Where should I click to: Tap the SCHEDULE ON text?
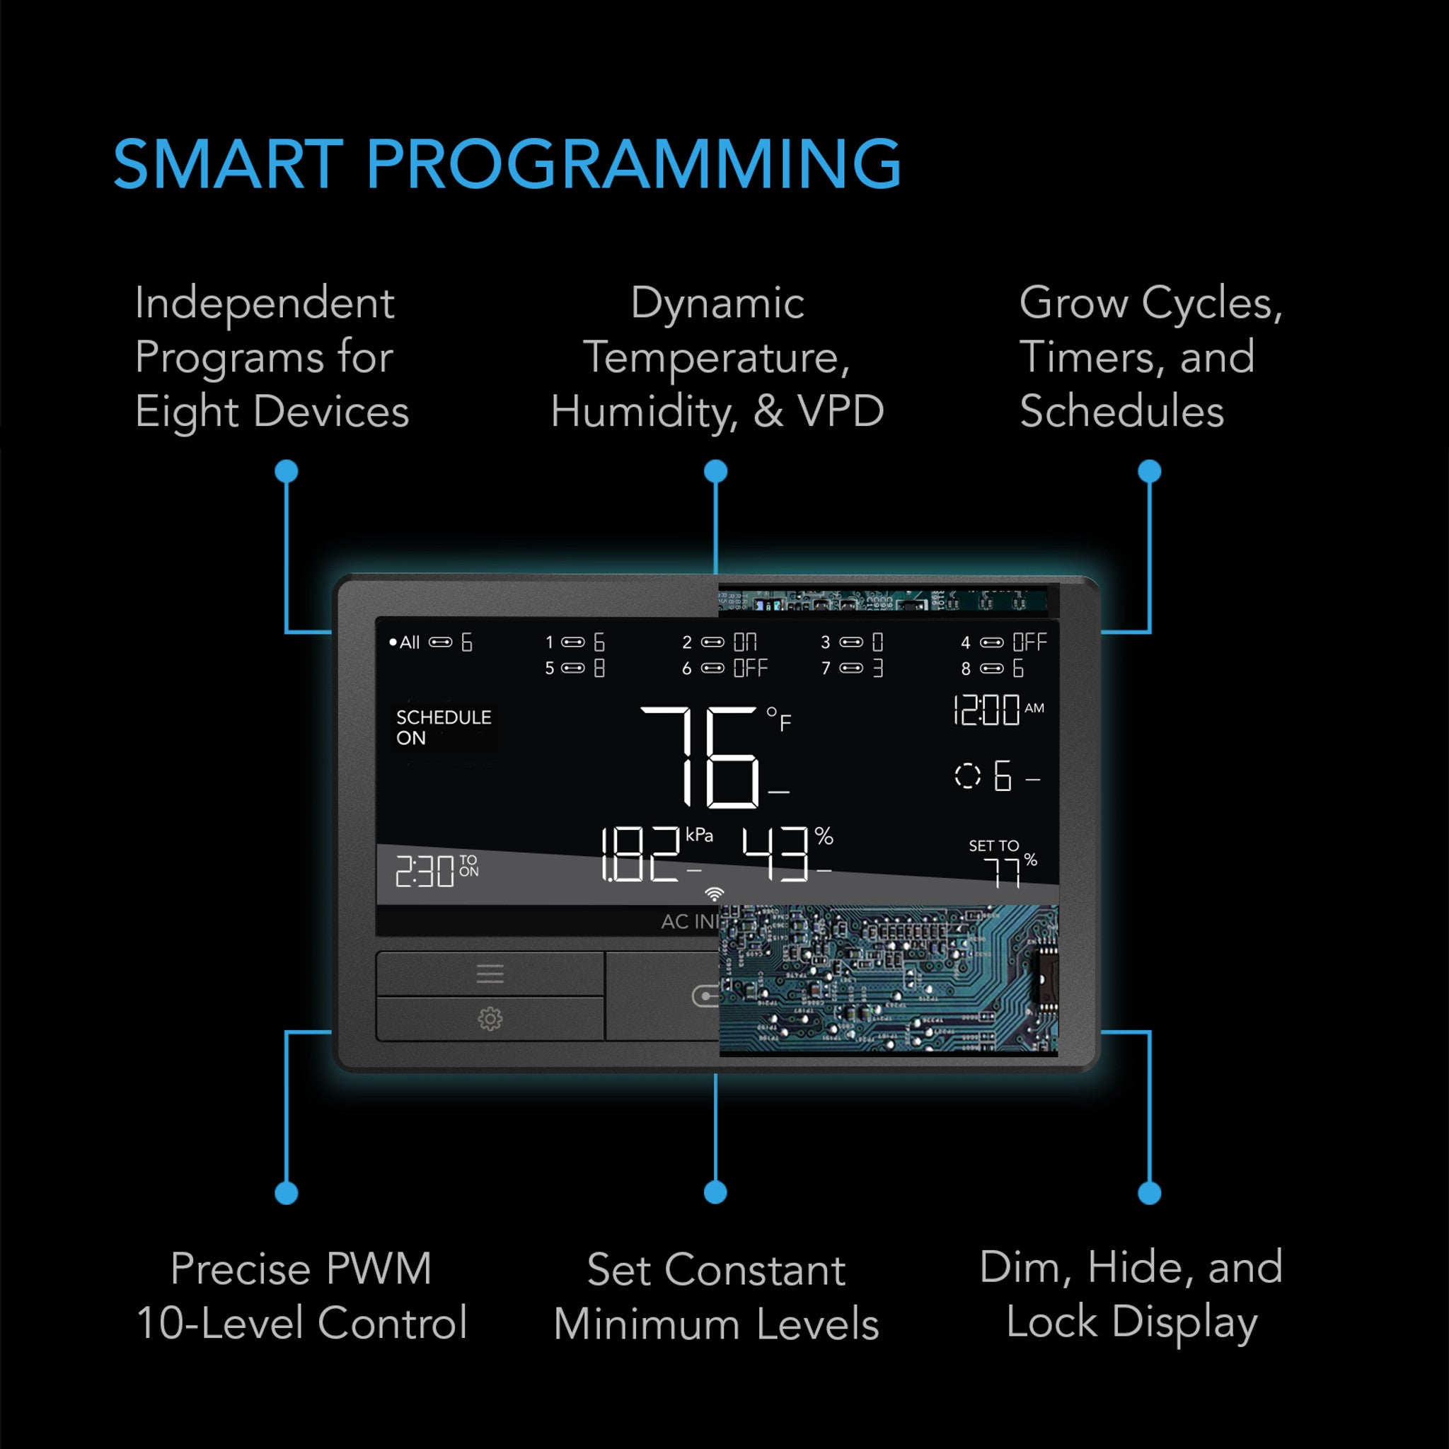442,727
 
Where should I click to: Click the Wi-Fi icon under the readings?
715,894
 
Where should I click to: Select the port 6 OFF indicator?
724,668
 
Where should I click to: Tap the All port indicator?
430,642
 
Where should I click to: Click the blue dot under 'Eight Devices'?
287,471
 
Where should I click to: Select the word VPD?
841,412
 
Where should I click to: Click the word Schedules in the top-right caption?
1121,412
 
